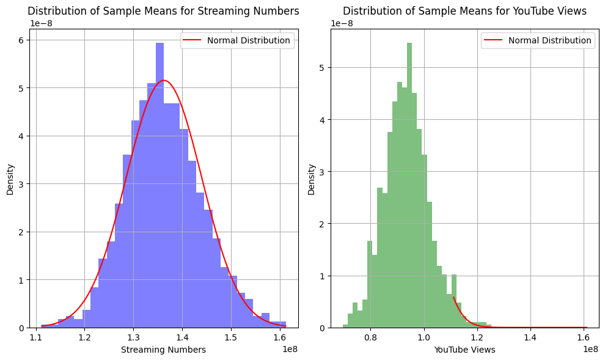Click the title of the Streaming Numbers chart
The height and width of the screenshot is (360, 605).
[x=163, y=11]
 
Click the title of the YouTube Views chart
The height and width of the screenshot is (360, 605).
[x=464, y=11]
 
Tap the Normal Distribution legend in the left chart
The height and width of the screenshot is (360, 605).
[x=237, y=40]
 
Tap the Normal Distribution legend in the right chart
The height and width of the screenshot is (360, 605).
[x=538, y=40]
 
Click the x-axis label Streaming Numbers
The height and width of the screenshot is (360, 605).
[x=163, y=350]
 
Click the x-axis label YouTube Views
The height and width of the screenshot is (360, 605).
[x=464, y=350]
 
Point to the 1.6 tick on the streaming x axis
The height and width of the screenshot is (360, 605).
[x=280, y=336]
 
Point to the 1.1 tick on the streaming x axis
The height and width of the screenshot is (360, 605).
[x=36, y=336]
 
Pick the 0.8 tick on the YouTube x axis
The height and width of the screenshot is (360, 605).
[x=370, y=336]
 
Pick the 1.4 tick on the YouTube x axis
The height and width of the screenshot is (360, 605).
[x=530, y=336]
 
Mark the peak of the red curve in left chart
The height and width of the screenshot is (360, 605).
[x=163, y=80]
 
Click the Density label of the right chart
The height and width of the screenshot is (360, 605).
[x=312, y=179]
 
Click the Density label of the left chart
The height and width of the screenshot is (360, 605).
[x=10, y=179]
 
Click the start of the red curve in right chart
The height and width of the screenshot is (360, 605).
[x=453, y=297]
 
